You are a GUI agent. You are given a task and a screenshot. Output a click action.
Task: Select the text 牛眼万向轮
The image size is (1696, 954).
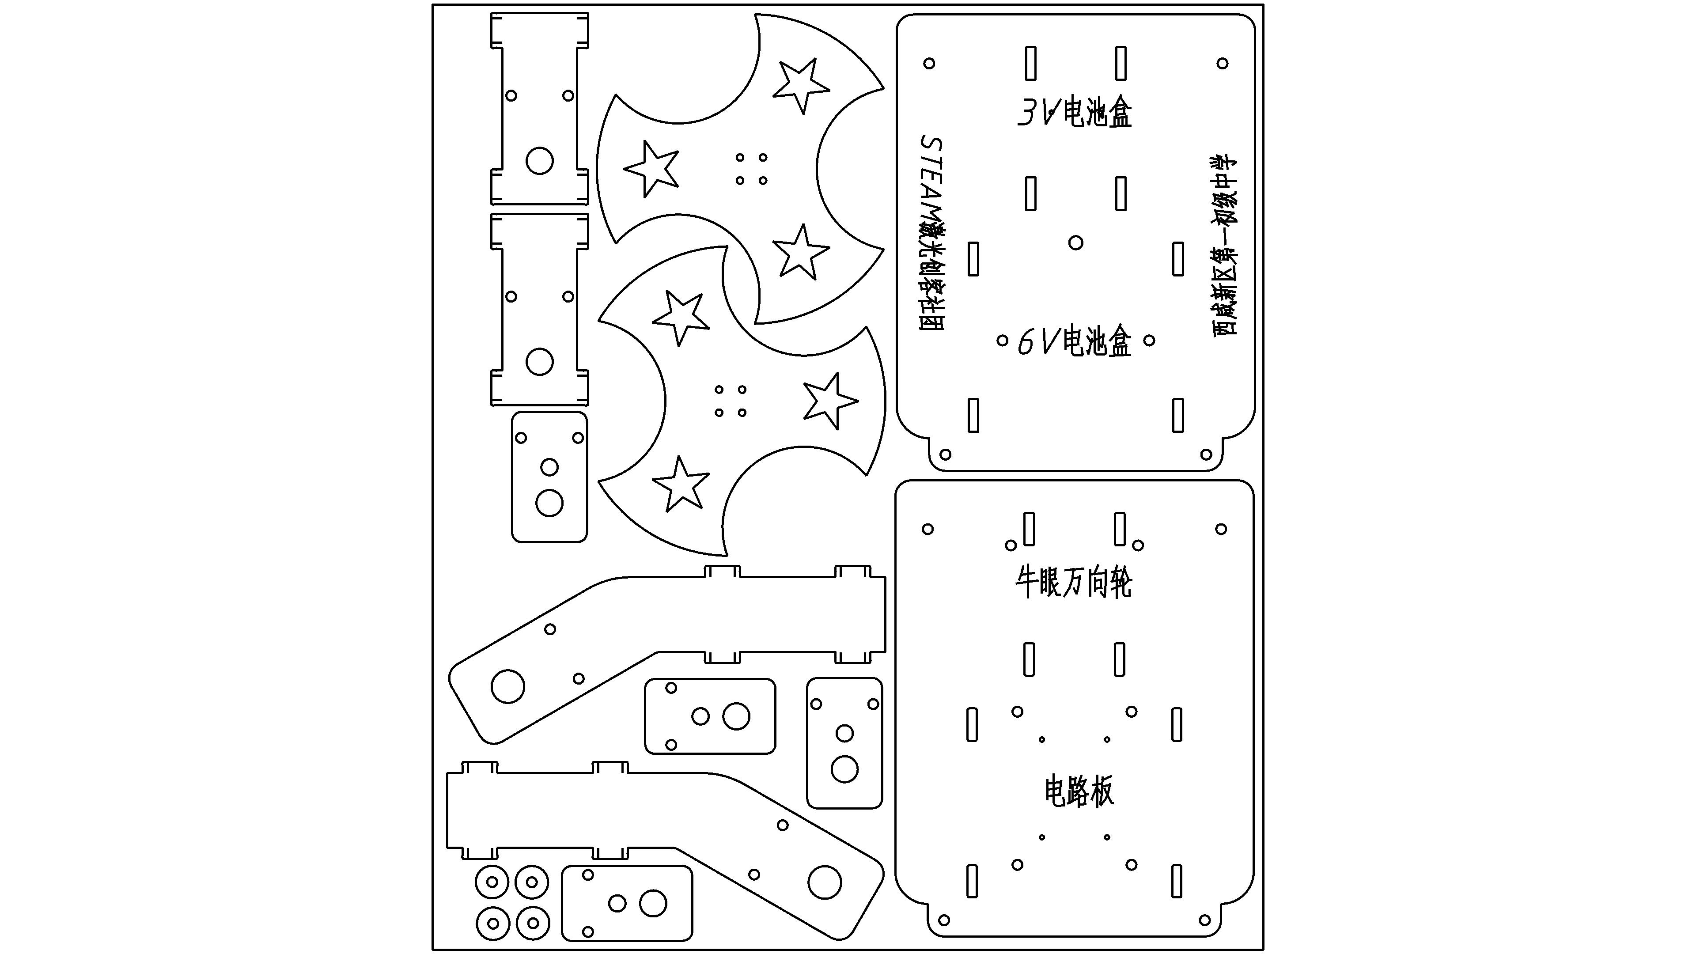tap(1074, 583)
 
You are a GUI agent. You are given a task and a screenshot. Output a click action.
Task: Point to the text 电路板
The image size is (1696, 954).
tap(1079, 791)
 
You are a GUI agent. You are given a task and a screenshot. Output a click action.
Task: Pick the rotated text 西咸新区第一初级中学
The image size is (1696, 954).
tap(1225, 246)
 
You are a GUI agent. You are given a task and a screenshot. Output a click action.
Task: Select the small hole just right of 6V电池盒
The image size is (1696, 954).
tap(1149, 341)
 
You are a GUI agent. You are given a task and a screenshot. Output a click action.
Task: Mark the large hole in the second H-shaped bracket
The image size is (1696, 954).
tap(539, 361)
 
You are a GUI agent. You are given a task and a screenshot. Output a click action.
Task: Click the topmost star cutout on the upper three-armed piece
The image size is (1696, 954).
tap(800, 86)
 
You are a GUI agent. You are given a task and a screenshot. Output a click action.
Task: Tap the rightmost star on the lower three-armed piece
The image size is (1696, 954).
tap(830, 401)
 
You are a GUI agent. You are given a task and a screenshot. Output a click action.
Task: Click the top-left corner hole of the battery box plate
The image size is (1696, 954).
tap(929, 63)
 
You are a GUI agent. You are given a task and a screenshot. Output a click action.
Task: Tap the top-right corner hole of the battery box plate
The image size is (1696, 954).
tap(1222, 63)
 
